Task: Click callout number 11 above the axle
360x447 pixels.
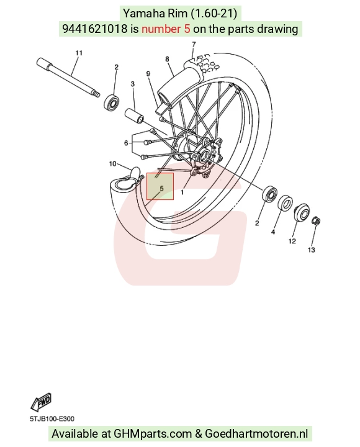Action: [x=79, y=53]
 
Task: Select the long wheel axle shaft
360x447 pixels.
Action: [x=68, y=78]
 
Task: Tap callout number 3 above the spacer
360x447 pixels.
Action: [x=133, y=84]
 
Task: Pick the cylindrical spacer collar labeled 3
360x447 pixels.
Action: [x=134, y=115]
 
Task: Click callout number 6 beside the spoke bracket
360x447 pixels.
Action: [x=126, y=143]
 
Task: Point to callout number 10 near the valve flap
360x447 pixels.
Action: [x=113, y=164]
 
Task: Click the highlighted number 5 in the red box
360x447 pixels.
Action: [x=161, y=189]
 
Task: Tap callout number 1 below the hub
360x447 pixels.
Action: [x=182, y=192]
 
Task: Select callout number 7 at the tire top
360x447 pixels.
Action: [x=194, y=44]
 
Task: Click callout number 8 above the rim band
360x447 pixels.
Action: [x=167, y=59]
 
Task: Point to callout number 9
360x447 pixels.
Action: [x=148, y=74]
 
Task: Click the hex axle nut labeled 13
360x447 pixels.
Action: [x=317, y=221]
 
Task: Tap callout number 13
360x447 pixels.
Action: [x=311, y=250]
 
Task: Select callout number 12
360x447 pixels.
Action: [x=292, y=241]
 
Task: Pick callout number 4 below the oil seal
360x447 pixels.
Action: [x=273, y=232]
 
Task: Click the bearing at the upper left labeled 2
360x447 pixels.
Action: [x=111, y=102]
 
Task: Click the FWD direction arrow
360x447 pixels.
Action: [x=41, y=402]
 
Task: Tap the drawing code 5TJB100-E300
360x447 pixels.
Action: [x=52, y=419]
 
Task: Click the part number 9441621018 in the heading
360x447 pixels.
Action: [x=94, y=29]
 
